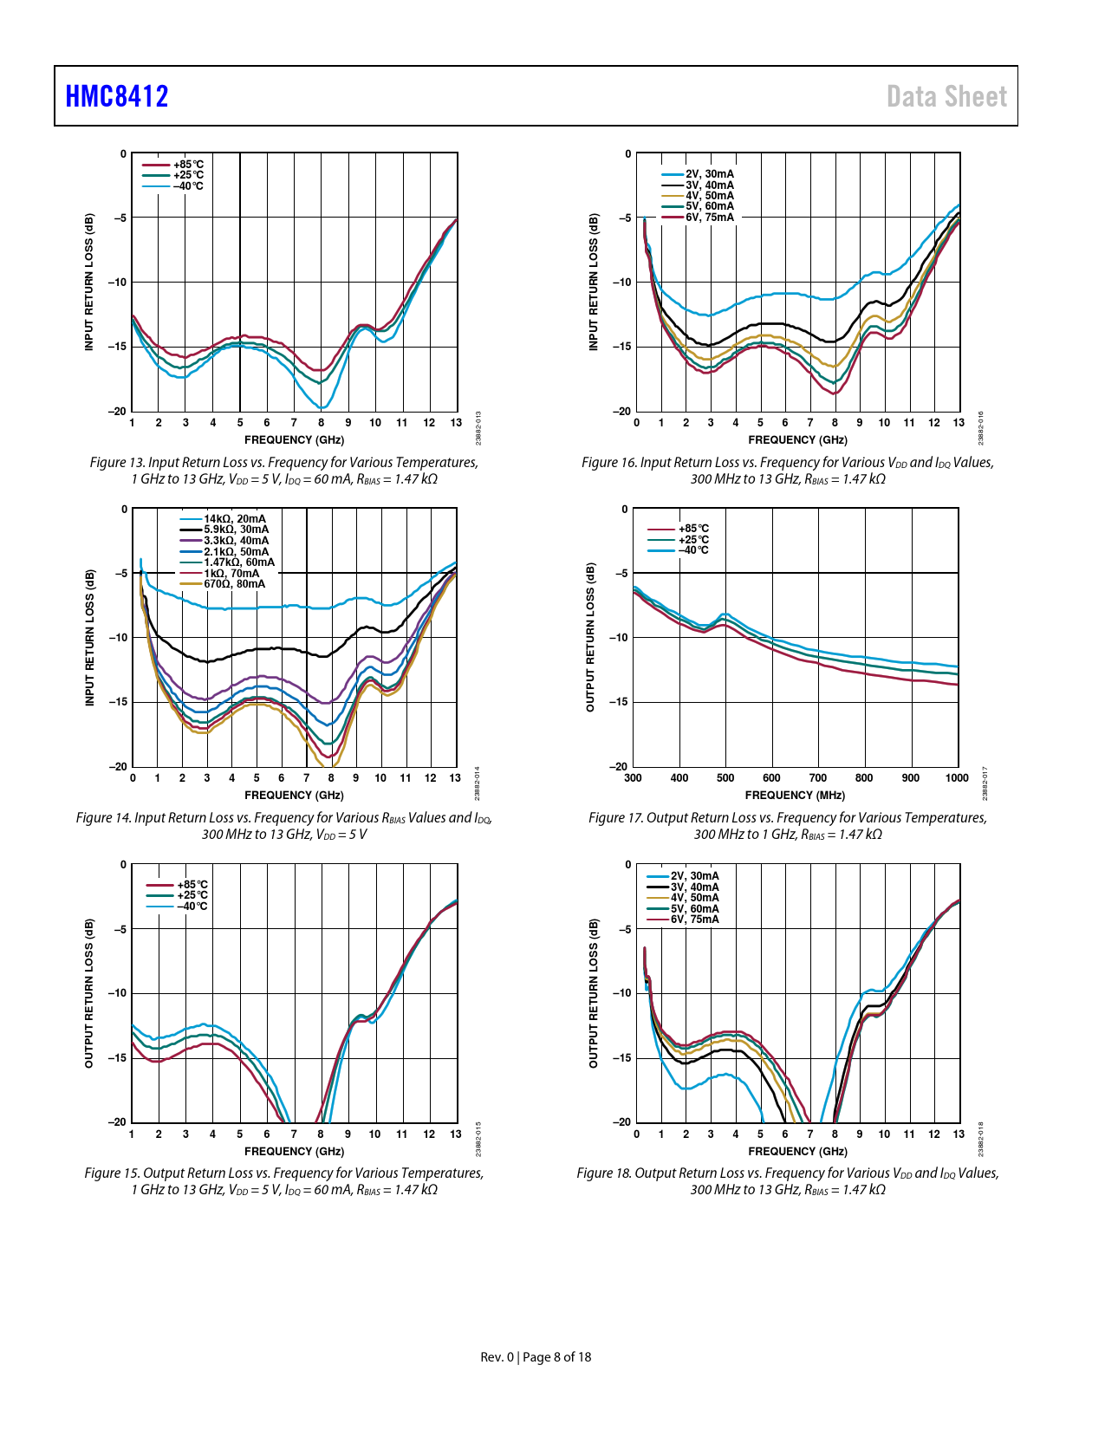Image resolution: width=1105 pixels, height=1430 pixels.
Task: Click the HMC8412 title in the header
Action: [117, 96]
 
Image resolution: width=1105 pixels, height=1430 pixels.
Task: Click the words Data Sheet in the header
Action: [946, 96]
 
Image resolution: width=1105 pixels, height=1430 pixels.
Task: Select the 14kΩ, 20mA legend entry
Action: [235, 519]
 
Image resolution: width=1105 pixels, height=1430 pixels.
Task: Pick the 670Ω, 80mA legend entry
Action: [235, 584]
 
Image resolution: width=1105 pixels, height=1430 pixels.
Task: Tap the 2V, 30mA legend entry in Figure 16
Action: [710, 174]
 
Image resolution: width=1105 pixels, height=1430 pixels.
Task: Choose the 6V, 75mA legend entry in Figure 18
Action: [694, 920]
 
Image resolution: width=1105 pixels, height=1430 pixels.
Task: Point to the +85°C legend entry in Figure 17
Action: [693, 529]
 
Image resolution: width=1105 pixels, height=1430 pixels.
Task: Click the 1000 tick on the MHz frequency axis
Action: [957, 778]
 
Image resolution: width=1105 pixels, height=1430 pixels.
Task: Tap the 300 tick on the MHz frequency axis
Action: [634, 778]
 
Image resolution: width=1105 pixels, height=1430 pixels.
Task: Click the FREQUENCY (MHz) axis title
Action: [795, 796]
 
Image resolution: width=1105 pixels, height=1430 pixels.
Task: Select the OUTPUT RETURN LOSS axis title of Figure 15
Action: [89, 993]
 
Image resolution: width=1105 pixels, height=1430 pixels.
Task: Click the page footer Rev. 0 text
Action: [497, 1357]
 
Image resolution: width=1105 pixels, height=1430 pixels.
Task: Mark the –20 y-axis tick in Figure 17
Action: [619, 767]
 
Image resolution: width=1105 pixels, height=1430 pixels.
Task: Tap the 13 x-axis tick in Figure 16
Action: [959, 423]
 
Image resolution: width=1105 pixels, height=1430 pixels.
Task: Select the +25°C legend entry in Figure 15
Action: [192, 895]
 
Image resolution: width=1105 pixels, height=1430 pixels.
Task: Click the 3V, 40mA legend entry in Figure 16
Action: [710, 185]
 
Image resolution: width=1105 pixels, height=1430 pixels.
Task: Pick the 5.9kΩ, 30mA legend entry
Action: [237, 530]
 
